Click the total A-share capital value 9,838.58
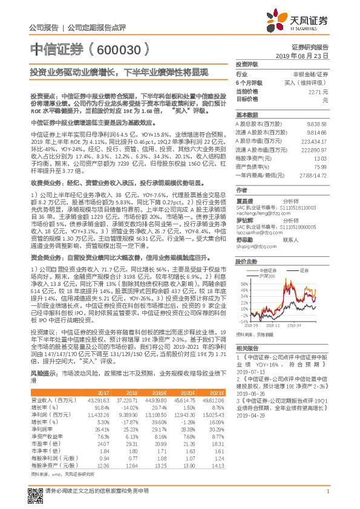click(317, 122)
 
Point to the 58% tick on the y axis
click(243, 283)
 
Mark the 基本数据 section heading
click(246, 114)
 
